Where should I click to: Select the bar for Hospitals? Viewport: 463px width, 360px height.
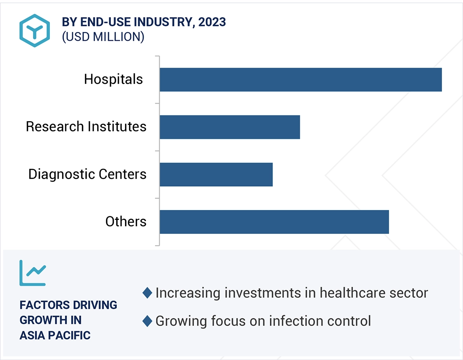point(301,80)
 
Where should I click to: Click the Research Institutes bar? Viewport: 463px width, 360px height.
point(230,127)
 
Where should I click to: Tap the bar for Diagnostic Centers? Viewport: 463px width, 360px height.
point(216,174)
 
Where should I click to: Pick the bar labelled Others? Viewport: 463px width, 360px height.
point(274,222)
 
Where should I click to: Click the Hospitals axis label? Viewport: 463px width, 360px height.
point(113,79)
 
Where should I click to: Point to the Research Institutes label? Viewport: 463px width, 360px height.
point(86,127)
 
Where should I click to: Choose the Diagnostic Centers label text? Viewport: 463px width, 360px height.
point(87,174)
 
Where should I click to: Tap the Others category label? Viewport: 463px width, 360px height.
point(126,221)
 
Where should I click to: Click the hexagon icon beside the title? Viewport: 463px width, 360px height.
point(34,30)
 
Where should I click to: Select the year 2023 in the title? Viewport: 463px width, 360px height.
point(212,22)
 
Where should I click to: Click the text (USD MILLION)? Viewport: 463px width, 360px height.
point(103,37)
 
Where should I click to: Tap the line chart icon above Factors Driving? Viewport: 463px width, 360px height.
point(33,273)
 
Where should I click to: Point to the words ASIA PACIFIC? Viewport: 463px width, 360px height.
point(55,335)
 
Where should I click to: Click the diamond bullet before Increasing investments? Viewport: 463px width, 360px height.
point(147,293)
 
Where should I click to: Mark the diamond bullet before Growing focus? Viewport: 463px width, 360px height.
point(147,321)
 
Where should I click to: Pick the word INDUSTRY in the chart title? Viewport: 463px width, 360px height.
point(163,22)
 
